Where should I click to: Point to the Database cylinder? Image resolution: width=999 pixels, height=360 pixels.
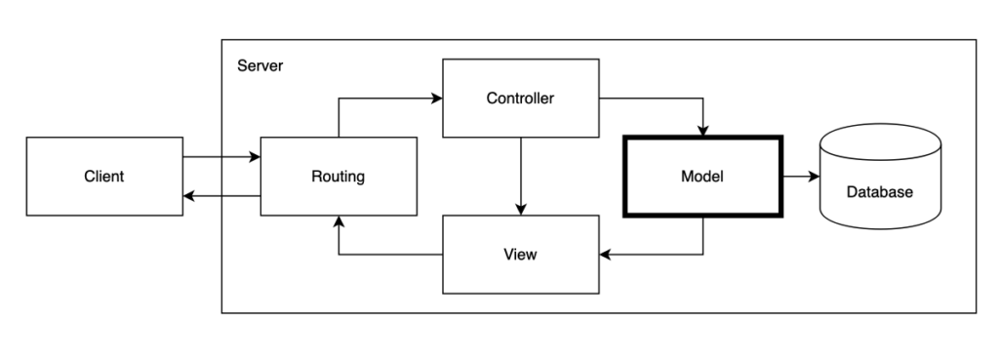[879, 176]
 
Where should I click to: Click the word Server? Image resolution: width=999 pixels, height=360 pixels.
[260, 66]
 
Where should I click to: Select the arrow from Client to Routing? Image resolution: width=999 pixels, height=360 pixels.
[221, 156]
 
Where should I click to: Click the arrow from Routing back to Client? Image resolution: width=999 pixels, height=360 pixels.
[221, 197]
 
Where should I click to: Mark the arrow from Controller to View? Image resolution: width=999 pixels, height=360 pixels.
[520, 176]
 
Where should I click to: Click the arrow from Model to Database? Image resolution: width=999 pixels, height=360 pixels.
[800, 178]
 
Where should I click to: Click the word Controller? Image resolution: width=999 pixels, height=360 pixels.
[520, 99]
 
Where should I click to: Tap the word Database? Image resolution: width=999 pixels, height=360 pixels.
[879, 192]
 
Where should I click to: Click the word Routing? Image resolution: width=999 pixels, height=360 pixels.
[339, 178]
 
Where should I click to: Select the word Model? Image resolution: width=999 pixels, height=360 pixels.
[702, 178]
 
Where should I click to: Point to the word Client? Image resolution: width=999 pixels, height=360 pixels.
[103, 178]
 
